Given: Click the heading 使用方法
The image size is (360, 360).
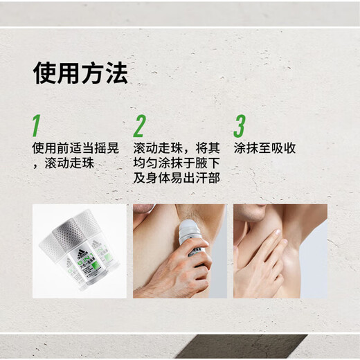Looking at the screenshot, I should (80, 74).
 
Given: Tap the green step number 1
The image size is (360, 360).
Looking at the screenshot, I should (36, 127).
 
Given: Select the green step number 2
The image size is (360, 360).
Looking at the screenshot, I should (139, 127).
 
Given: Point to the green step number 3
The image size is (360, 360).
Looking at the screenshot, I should (240, 127).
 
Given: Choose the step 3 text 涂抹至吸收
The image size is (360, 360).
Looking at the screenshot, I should (265, 148).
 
